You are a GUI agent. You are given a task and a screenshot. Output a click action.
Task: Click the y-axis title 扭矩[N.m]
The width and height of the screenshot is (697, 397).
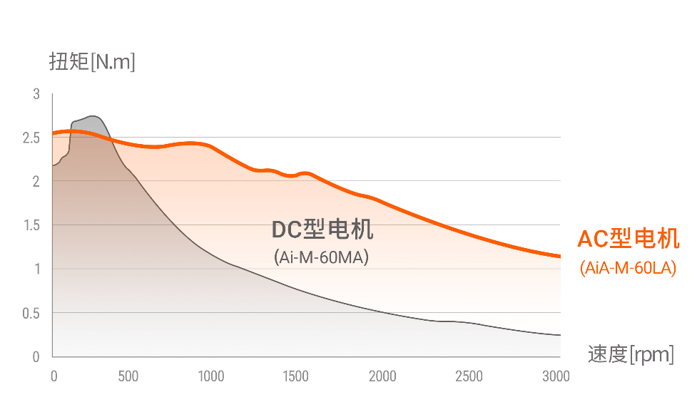click(92, 62)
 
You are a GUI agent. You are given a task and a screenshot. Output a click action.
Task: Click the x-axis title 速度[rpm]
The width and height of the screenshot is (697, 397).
click(631, 354)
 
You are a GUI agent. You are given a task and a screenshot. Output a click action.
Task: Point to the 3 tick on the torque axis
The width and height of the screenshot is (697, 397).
click(36, 94)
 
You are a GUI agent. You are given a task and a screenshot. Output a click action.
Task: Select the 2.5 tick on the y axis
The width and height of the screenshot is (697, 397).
click(31, 138)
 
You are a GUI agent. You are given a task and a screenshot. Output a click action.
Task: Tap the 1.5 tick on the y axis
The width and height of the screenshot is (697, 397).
click(31, 225)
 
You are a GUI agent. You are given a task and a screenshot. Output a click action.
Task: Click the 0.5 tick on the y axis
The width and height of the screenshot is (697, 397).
click(31, 313)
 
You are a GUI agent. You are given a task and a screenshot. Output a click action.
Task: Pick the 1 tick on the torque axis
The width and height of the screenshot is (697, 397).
click(36, 269)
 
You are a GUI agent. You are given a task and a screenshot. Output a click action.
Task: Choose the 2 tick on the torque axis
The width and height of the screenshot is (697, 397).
click(36, 182)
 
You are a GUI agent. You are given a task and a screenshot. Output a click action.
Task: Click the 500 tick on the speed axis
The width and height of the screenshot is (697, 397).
click(128, 376)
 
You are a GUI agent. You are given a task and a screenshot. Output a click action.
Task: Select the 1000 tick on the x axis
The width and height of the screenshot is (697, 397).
click(211, 376)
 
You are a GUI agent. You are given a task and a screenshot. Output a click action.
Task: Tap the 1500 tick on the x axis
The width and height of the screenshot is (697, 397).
click(295, 376)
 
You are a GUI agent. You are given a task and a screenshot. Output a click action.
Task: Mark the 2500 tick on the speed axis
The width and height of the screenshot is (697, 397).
click(469, 376)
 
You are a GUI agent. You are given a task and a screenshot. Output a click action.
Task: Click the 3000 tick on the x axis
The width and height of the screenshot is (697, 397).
click(556, 376)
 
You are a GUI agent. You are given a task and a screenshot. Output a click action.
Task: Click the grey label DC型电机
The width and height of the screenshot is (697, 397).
click(322, 230)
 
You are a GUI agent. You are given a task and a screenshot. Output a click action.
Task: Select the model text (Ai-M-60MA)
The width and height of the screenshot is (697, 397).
click(321, 257)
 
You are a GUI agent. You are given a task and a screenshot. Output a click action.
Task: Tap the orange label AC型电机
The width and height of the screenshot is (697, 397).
click(628, 239)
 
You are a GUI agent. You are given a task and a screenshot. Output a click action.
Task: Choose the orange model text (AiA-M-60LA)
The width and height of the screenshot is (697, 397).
click(628, 269)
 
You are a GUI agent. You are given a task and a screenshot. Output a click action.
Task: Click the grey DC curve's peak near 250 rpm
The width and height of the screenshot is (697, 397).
click(93, 116)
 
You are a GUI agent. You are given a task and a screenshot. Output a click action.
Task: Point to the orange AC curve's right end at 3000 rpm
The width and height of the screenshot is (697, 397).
click(559, 257)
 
